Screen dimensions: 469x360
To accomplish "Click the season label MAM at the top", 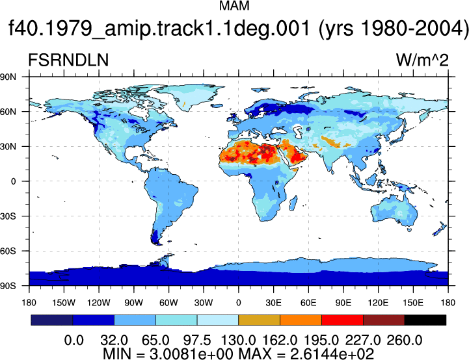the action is [234, 6].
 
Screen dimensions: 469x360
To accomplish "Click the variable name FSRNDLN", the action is [68, 60].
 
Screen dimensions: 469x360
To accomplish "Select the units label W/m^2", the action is [422, 60].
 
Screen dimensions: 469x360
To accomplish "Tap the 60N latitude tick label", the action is [8, 112].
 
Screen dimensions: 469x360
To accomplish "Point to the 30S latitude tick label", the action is [8, 216].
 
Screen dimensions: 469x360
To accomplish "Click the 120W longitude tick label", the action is [99, 303].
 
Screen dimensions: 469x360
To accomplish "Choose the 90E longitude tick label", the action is [343, 303].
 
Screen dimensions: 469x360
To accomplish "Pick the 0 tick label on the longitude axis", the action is [238, 303].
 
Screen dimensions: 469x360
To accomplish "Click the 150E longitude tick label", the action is [413, 303].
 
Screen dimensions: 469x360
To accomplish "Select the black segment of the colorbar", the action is [425, 320].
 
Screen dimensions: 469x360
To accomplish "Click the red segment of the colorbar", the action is [342, 320].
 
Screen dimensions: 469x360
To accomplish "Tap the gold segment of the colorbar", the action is [259, 320].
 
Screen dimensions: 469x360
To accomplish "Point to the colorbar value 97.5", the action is [197, 341].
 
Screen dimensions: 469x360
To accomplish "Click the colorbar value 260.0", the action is [405, 341].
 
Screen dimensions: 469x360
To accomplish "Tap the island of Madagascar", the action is [293, 203].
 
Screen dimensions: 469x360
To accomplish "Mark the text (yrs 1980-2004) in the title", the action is [393, 29].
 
